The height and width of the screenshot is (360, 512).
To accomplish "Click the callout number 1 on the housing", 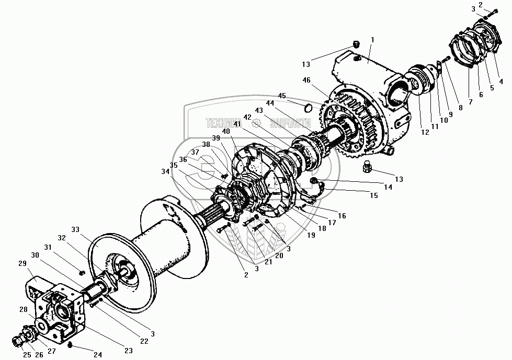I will pyautogui.click(x=372, y=40).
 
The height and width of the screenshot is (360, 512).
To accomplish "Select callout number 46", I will pyautogui.click(x=306, y=80).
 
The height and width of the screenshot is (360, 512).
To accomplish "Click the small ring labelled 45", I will pyautogui.click(x=309, y=109).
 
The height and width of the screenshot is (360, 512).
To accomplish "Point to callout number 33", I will pyautogui.click(x=76, y=230).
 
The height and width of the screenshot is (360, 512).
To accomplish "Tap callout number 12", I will pyautogui.click(x=425, y=133).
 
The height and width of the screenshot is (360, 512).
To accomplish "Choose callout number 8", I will pyautogui.click(x=460, y=108).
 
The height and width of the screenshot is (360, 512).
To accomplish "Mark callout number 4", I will pyautogui.click(x=500, y=81).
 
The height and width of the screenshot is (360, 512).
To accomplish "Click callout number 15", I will pyautogui.click(x=374, y=195).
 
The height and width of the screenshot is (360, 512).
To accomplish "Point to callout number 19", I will pyautogui.click(x=311, y=235).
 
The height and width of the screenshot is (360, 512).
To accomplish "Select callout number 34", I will pyautogui.click(x=165, y=171).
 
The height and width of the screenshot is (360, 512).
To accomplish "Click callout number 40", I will pyautogui.click(x=226, y=132).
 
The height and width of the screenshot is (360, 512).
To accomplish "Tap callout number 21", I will pyautogui.click(x=268, y=262).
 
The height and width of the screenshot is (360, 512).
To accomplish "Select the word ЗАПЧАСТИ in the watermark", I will pyautogui.click(x=290, y=124).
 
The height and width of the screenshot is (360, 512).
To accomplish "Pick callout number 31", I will pyautogui.click(x=48, y=247).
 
